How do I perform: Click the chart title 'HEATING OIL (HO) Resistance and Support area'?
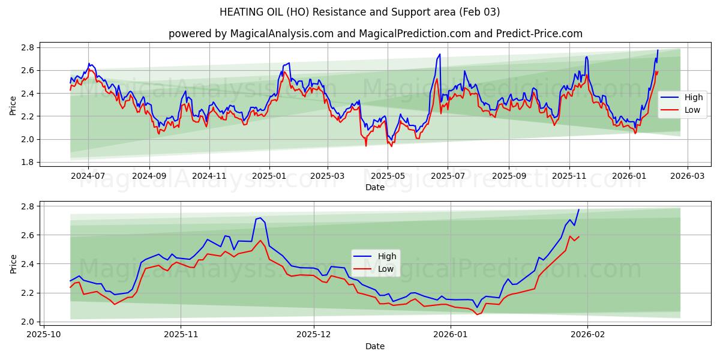click(359, 12)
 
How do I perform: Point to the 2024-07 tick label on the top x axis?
click(88, 176)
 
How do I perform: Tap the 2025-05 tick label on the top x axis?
click(388, 176)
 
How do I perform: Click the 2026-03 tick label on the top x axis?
click(687, 176)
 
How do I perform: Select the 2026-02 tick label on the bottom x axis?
click(587, 335)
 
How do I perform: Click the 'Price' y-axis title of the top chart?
click(13, 105)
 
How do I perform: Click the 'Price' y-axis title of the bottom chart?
click(13, 263)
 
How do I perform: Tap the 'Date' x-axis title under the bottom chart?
click(375, 346)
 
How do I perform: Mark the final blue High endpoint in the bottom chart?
click(578, 209)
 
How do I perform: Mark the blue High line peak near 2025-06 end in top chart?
click(440, 54)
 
